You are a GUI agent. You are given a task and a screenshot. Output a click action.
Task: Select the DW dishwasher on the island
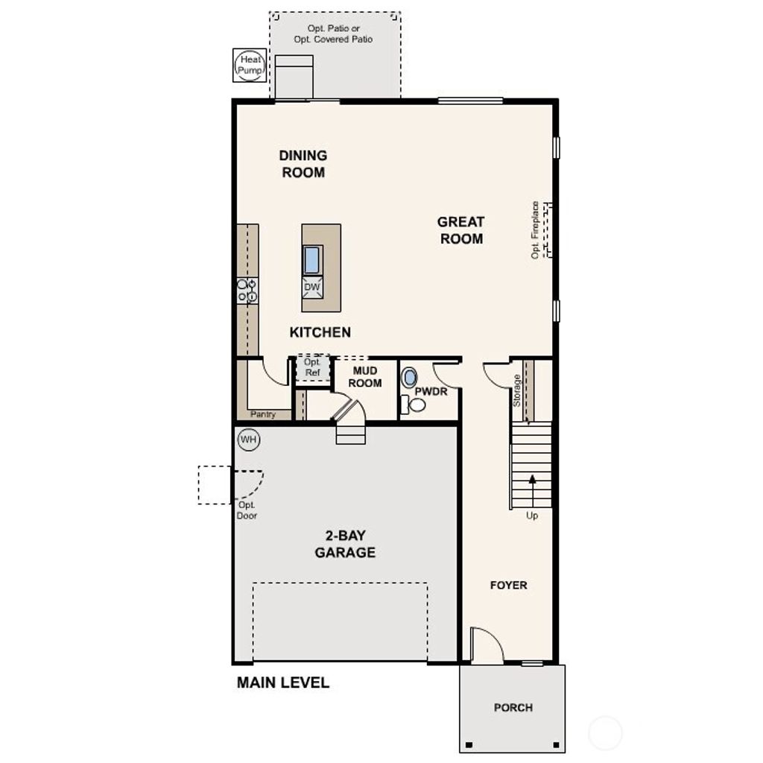tap(311, 288)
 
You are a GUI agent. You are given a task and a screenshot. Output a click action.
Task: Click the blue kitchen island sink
tap(311, 259)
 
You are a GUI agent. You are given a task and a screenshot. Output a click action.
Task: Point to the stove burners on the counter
tap(247, 291)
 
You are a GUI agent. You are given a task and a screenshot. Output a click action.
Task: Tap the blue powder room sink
tap(409, 378)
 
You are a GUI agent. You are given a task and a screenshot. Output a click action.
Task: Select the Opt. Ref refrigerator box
tap(312, 367)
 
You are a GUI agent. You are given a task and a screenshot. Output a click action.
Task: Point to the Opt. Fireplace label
tap(535, 229)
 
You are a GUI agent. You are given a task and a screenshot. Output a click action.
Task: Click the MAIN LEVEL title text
tap(282, 683)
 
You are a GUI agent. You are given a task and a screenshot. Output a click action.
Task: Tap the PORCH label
tap(513, 707)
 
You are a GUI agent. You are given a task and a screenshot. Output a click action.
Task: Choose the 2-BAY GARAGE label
tap(344, 544)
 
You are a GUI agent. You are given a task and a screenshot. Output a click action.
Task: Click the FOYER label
tap(508, 586)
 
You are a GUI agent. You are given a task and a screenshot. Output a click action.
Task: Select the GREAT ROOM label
tap(460, 230)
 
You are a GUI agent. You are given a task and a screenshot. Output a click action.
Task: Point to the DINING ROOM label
tap(303, 164)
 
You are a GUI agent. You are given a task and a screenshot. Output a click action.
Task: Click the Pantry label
tap(263, 414)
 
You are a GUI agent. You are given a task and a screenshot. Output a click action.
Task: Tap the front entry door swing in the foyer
tap(487, 644)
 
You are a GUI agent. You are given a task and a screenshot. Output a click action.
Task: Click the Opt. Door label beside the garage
tap(247, 510)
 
